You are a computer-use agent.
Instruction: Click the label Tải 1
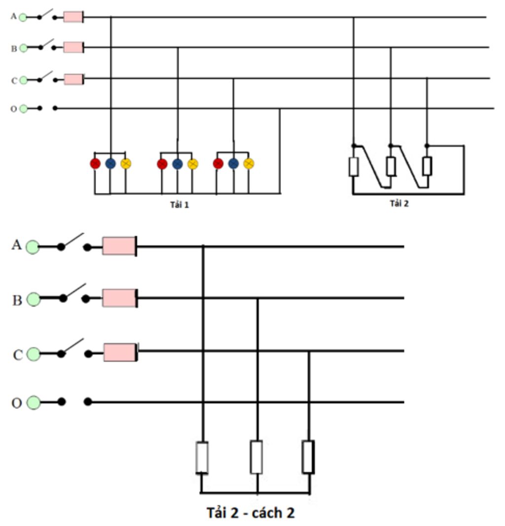tap(180, 204)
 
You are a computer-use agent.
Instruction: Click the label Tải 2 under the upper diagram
tap(399, 204)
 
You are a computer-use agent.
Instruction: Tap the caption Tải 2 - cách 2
tap(250, 513)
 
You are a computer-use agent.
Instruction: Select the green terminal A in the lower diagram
tap(33, 247)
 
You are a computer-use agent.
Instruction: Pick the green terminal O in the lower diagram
tap(34, 403)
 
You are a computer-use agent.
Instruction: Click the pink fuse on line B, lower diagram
tap(119, 298)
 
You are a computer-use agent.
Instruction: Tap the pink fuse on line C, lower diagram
tap(120, 352)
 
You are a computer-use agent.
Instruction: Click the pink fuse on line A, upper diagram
tap(73, 17)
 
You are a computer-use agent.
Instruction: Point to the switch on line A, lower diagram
tap(73, 242)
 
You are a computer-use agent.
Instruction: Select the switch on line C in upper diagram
tap(47, 77)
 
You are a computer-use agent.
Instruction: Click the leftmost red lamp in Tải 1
tap(95, 163)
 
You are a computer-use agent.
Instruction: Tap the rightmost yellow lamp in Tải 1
tap(249, 163)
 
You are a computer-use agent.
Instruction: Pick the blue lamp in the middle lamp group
tap(178, 164)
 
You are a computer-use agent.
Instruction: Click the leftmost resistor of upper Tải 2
tap(353, 167)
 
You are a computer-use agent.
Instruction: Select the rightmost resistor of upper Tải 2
tap(427, 166)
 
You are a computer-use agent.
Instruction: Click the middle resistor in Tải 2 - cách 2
tap(256, 457)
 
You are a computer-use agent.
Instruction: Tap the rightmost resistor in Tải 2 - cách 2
tap(308, 457)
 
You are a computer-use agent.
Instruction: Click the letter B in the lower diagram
tap(17, 300)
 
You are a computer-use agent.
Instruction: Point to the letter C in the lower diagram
tap(17, 355)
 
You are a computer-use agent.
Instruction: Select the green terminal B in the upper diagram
tap(23, 48)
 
